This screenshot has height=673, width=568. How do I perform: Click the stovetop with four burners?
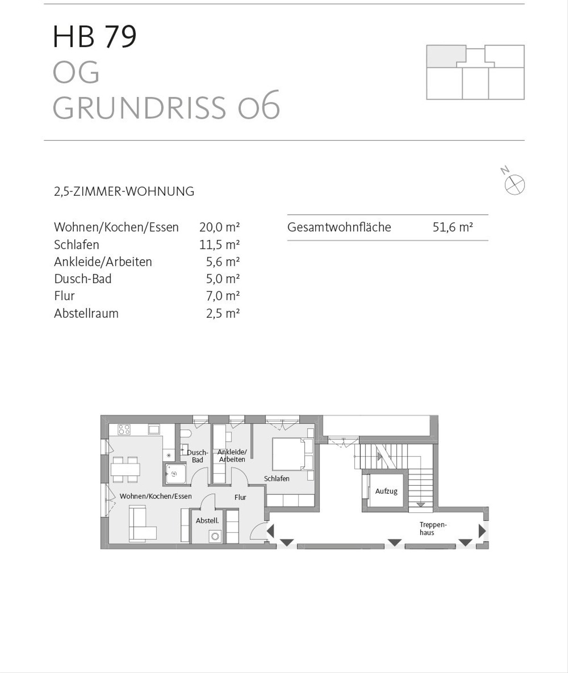click(124, 429)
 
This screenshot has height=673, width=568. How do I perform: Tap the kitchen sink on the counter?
click(154, 429)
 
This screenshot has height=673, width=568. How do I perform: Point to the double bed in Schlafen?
click(290, 454)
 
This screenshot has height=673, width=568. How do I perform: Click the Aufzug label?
click(386, 491)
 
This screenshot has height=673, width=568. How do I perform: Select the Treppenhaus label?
click(433, 529)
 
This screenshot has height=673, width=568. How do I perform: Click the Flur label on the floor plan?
click(240, 498)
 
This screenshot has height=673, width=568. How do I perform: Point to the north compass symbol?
click(514, 184)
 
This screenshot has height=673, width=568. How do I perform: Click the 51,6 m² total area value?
click(453, 227)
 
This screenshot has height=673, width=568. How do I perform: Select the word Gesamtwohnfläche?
click(339, 227)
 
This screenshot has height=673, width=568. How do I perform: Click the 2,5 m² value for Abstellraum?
click(222, 314)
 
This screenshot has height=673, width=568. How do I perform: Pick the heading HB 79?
click(95, 36)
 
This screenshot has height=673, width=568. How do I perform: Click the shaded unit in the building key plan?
click(445, 56)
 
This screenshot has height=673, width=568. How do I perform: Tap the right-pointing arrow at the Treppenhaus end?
click(482, 531)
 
